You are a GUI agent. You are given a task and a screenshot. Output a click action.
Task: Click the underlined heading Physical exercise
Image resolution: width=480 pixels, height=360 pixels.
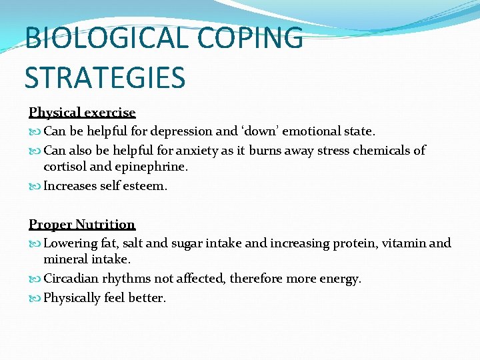click(x=82, y=113)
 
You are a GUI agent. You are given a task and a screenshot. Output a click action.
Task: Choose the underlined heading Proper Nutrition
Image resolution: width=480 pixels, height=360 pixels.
click(x=82, y=225)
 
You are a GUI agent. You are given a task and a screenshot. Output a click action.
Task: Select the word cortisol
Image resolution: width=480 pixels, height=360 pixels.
click(x=66, y=167)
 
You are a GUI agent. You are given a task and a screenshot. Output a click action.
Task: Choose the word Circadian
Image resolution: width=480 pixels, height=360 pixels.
click(x=71, y=279)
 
